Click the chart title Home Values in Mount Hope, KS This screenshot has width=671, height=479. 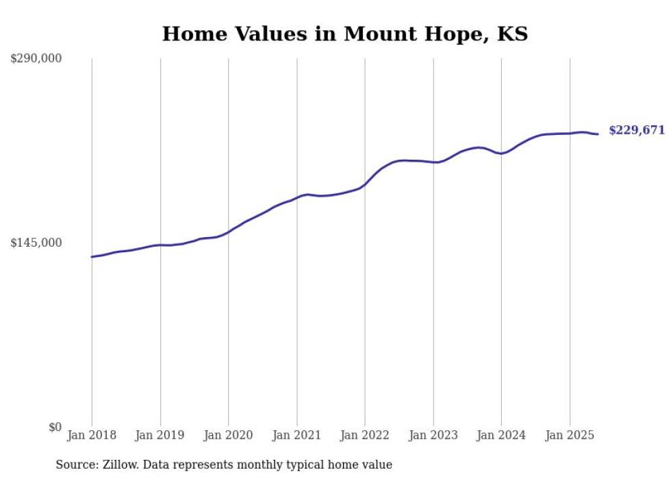click(344, 34)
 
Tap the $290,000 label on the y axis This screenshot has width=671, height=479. click(36, 59)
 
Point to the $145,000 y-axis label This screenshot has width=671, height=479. click(36, 243)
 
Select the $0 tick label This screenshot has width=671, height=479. click(55, 427)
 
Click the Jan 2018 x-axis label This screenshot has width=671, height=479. click(92, 435)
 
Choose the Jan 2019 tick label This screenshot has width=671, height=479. click(160, 435)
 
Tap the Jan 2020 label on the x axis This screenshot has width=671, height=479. click(228, 435)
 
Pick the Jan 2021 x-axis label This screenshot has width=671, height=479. click(296, 435)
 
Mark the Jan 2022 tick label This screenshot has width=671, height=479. click(365, 435)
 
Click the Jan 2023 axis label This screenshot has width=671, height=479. click(433, 435)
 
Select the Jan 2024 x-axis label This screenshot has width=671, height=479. click(501, 435)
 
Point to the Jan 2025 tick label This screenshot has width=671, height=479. click(570, 435)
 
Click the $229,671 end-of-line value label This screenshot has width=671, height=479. click(637, 130)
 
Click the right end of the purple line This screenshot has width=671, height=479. click(598, 134)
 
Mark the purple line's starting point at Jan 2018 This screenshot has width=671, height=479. click(92, 257)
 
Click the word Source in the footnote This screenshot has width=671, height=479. click(77, 465)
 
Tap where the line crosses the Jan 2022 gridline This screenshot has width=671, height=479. click(365, 184)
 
